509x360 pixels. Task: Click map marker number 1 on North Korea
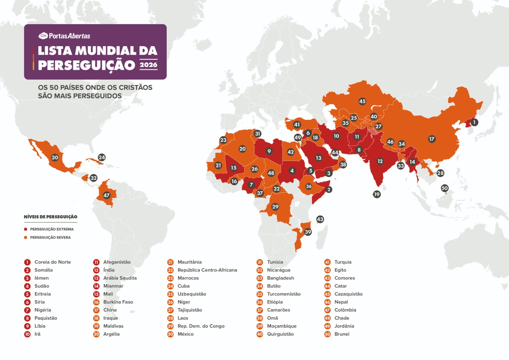point(474,122)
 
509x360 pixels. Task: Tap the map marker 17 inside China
point(432,139)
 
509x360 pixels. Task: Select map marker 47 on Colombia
point(106,195)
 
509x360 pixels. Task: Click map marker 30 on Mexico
point(55,157)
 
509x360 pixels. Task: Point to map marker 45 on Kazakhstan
point(362,101)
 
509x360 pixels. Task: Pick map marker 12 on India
point(380,161)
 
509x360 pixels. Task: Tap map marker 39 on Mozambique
point(308,232)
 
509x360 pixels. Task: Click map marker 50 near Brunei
point(444,188)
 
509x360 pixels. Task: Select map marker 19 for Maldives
point(377,194)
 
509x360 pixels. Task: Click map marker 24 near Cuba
point(101,157)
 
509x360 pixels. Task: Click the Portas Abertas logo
point(64,36)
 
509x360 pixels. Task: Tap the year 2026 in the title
point(149,65)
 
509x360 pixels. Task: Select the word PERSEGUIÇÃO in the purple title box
point(87,65)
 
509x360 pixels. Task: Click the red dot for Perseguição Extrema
point(25,229)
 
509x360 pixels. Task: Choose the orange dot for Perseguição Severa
point(25,237)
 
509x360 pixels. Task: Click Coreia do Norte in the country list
point(52,262)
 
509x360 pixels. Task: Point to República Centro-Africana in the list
point(207,270)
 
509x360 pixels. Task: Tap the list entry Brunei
point(342,334)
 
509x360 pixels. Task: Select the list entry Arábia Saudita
point(120,278)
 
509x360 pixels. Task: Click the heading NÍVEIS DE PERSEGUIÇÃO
point(50,217)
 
